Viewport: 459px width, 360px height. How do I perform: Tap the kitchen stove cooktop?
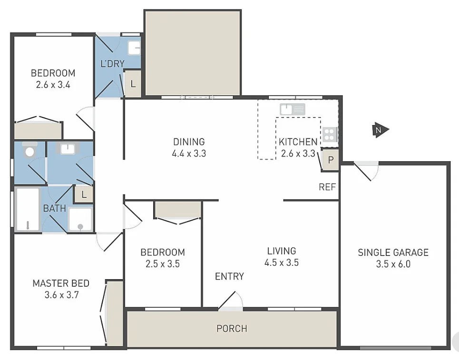[329, 135]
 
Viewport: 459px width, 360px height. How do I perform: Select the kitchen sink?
[292, 109]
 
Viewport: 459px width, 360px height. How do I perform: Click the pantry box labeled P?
[331, 160]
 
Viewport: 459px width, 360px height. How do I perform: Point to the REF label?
[327, 187]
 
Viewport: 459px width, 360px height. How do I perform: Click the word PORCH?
[232, 329]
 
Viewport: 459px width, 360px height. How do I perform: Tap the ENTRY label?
[229, 276]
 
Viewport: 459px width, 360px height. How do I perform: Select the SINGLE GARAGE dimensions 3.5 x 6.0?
[393, 264]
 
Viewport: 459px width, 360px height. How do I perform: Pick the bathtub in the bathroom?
[27, 209]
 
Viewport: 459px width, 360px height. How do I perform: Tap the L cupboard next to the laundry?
[133, 85]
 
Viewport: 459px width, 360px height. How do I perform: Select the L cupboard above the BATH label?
[84, 194]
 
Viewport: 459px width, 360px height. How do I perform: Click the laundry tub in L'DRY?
[135, 48]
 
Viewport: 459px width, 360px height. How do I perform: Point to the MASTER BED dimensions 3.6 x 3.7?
[60, 294]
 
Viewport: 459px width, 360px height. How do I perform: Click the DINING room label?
[189, 142]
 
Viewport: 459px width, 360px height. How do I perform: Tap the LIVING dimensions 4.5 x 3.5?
[282, 263]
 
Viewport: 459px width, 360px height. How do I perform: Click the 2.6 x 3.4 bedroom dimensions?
[53, 85]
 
